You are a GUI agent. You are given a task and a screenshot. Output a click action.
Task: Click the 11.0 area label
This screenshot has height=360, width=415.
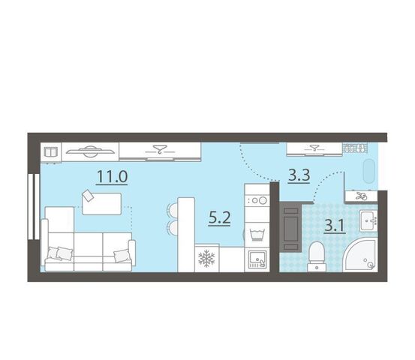click(113, 176)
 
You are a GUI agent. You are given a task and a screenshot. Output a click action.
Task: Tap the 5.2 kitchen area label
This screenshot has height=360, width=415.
click(219, 218)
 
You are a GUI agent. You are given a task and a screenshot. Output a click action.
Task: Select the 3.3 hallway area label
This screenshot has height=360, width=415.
click(299, 175)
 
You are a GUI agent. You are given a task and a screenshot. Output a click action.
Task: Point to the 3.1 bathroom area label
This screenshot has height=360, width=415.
click(335, 226)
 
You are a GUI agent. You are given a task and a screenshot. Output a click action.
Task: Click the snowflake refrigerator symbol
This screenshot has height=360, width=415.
click(206, 258)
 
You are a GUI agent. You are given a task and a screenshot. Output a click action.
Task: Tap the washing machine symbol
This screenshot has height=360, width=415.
click(257, 234)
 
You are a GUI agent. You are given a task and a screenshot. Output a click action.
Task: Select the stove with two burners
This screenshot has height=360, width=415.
click(257, 200)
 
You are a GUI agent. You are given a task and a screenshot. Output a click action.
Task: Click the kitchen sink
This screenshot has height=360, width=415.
click(257, 259)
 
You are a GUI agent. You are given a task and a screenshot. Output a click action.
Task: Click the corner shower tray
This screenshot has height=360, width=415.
click(360, 254)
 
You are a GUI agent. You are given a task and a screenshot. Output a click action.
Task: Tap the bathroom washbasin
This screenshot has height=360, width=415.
click(368, 220)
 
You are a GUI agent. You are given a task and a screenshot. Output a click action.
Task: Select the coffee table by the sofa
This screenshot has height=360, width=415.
click(102, 204)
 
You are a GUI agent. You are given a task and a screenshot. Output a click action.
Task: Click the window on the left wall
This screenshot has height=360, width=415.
click(34, 206)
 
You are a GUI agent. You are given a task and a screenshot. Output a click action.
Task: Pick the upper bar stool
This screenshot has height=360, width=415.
click(173, 210)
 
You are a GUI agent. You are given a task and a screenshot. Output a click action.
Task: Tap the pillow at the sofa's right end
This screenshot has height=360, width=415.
click(122, 256)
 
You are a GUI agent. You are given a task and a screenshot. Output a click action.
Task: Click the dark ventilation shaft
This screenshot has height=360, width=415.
click(290, 226)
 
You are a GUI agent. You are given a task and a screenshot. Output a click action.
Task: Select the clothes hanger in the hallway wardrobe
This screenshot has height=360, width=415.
click(314, 148)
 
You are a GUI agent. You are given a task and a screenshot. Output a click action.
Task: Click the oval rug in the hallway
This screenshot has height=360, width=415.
click(369, 171)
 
